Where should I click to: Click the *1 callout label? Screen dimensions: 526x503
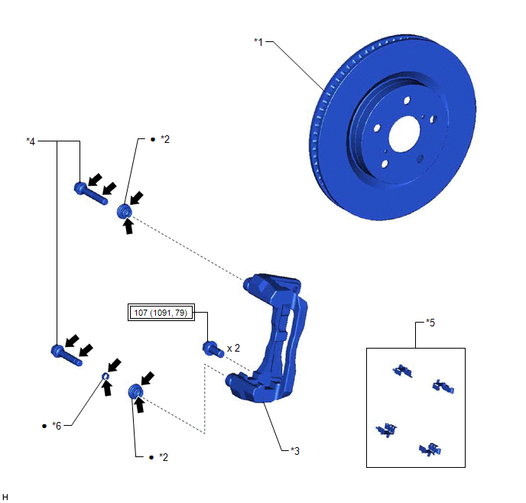click(x=258, y=42)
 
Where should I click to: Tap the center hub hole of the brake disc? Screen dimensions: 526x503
click(x=404, y=134)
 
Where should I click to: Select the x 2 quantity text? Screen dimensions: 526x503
click(x=233, y=349)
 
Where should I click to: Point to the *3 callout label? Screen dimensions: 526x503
click(x=295, y=451)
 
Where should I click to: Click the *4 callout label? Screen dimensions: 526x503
click(x=31, y=141)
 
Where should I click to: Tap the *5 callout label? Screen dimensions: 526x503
click(x=430, y=323)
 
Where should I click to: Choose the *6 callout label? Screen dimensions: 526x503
click(x=57, y=426)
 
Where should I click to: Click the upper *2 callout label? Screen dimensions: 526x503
click(x=165, y=139)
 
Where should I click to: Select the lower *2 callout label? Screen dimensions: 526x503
click(x=164, y=457)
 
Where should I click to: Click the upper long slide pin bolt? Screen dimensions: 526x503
click(x=90, y=193)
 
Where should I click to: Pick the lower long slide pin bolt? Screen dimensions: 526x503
click(x=67, y=355)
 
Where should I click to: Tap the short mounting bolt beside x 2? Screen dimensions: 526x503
click(x=213, y=349)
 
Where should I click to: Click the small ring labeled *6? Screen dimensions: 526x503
click(x=105, y=376)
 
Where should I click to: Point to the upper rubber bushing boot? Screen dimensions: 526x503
click(x=125, y=211)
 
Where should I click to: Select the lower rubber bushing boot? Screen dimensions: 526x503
click(x=135, y=391)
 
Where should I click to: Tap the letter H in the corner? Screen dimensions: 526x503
click(x=5, y=497)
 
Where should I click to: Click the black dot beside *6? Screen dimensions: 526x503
click(x=44, y=427)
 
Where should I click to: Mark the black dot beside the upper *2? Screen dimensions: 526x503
click(x=153, y=139)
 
